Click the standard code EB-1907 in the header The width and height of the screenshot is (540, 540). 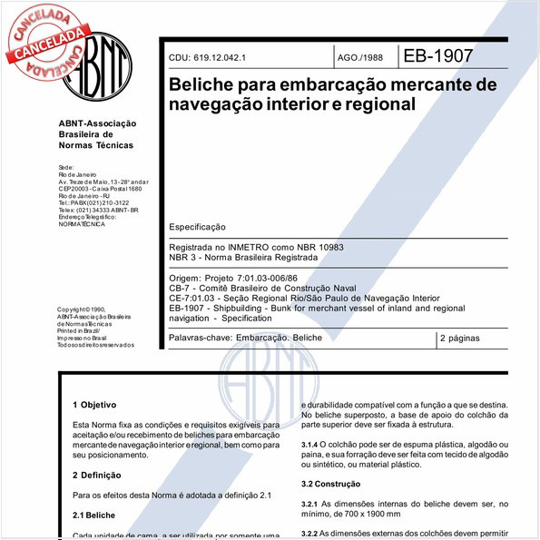pos(438,55)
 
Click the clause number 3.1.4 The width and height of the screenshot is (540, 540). pos(312,442)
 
